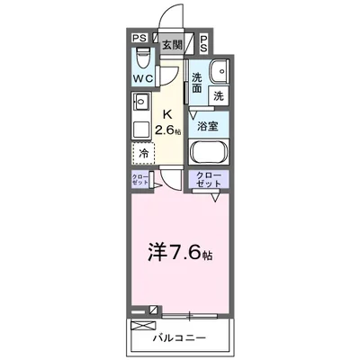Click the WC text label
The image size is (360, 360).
(x=141, y=78)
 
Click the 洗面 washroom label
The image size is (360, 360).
(x=197, y=83)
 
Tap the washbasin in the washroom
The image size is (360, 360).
(x=218, y=73)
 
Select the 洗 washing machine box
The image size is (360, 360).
(x=219, y=94)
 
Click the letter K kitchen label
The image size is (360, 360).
(x=167, y=114)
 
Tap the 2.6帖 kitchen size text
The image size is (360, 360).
(x=168, y=130)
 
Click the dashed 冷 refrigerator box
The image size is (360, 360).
(x=144, y=153)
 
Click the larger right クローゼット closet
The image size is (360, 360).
(x=209, y=178)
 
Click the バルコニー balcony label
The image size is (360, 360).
(x=178, y=338)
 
